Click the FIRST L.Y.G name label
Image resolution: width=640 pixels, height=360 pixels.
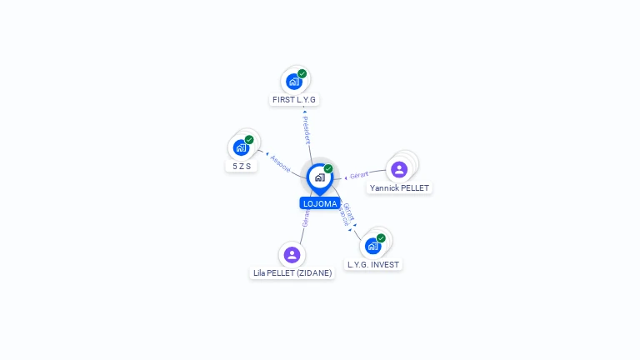tap(294, 99)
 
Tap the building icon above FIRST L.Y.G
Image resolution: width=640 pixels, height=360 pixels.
tap(293, 81)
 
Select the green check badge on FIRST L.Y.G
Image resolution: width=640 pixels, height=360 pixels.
tap(302, 73)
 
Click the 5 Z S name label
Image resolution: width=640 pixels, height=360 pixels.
tap(241, 166)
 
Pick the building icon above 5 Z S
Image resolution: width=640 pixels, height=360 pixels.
tap(241, 147)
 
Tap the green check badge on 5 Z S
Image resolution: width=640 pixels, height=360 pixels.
tap(249, 140)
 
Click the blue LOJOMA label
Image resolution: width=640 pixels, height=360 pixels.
tap(320, 203)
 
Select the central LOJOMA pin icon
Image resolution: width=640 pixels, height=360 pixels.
tap(319, 177)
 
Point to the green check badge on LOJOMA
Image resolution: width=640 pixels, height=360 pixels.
tap(328, 169)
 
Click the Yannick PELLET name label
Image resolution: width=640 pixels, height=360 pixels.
tap(399, 187)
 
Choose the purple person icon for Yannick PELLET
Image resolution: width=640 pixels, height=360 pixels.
tap(399, 169)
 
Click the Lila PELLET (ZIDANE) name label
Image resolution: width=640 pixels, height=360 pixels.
tap(292, 272)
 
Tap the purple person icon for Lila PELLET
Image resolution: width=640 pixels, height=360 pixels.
tap(292, 254)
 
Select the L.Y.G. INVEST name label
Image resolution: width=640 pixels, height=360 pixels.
tap(373, 264)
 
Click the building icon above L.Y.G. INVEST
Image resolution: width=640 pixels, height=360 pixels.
tap(372, 246)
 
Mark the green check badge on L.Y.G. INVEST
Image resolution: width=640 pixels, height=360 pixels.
tap(381, 238)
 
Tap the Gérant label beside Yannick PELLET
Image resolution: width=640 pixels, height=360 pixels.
tap(358, 175)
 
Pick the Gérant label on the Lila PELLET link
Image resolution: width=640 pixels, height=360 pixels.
tap(306, 218)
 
